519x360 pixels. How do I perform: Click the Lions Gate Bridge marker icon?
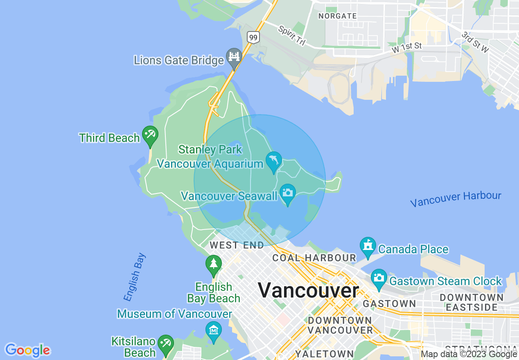tap(234, 58)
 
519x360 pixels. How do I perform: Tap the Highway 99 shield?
tap(253, 38)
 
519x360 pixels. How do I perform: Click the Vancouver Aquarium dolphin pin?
tap(274, 161)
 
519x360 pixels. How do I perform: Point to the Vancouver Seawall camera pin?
tap(288, 193)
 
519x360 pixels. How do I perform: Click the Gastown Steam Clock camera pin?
tap(379, 278)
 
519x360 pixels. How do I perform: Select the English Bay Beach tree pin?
tap(213, 264)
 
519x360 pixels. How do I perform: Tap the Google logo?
tap(27, 350)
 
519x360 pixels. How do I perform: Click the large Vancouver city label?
tap(308, 290)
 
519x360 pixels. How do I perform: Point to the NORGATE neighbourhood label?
tap(338, 16)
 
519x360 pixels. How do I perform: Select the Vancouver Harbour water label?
tap(456, 199)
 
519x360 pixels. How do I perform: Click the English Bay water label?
tap(135, 277)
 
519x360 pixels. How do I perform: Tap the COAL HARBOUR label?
tap(314, 258)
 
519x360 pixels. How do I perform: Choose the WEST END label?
tap(237, 245)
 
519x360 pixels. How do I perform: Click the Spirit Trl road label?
tap(292, 36)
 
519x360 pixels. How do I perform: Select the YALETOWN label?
tap(325, 353)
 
